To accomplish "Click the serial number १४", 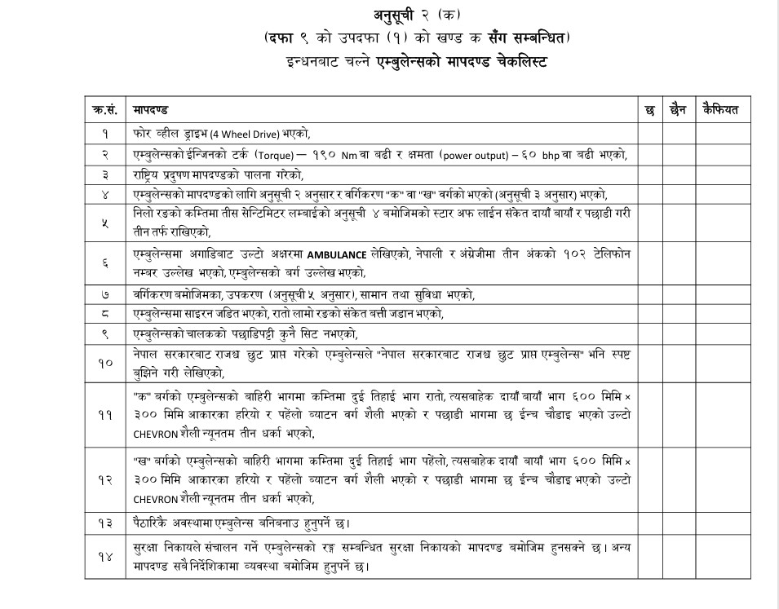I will [105, 556].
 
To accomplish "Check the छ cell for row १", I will [650, 134].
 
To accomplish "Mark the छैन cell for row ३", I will [677, 174].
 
